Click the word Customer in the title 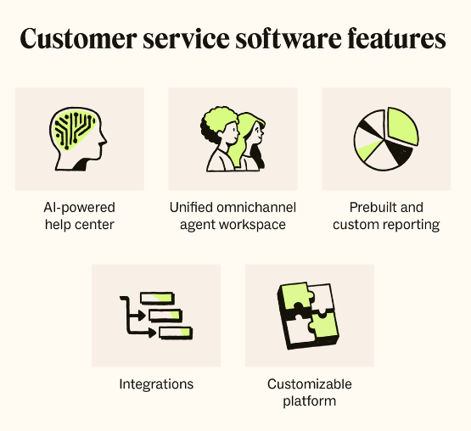coord(78,39)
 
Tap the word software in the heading coord(289,38)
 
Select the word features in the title coord(396,38)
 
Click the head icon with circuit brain coord(78,139)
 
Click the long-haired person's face coord(258,132)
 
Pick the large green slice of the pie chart coord(402,126)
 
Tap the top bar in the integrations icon coord(157,299)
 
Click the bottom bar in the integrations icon coord(176,333)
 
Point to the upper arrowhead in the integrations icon coord(142,316)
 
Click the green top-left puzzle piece coord(297,296)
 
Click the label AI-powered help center coord(80,216)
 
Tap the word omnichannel coord(256,208)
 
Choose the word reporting coord(413,226)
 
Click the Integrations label coord(156,384)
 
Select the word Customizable coord(310,384)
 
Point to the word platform coord(310,401)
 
